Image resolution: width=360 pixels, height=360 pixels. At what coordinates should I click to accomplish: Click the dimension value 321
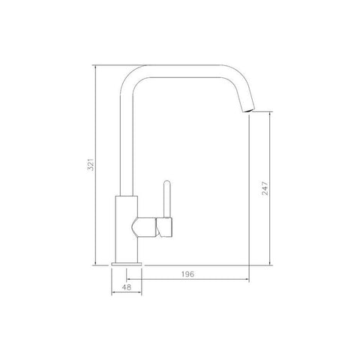pyautogui.click(x=91, y=164)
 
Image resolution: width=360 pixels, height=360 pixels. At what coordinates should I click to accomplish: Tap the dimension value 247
pyautogui.click(x=265, y=188)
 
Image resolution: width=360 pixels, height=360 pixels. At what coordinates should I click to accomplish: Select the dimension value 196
pyautogui.click(x=187, y=274)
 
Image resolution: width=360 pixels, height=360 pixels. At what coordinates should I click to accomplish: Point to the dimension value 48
pyautogui.click(x=127, y=287)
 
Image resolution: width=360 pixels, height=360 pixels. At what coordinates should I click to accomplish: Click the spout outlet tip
pyautogui.click(x=248, y=111)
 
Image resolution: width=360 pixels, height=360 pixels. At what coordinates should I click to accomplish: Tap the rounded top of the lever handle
pyautogui.click(x=167, y=182)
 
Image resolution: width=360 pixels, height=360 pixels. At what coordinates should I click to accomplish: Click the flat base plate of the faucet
pyautogui.click(x=127, y=264)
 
